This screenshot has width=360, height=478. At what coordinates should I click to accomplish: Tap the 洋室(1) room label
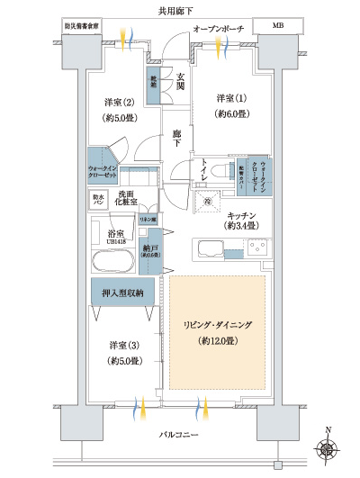point(233,97)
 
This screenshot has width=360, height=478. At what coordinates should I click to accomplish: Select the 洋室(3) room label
point(124,345)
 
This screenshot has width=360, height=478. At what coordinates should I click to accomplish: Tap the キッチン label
point(243,215)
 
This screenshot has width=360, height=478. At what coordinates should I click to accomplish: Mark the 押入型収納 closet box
point(121,293)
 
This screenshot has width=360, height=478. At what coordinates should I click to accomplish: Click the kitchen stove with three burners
point(256,246)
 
